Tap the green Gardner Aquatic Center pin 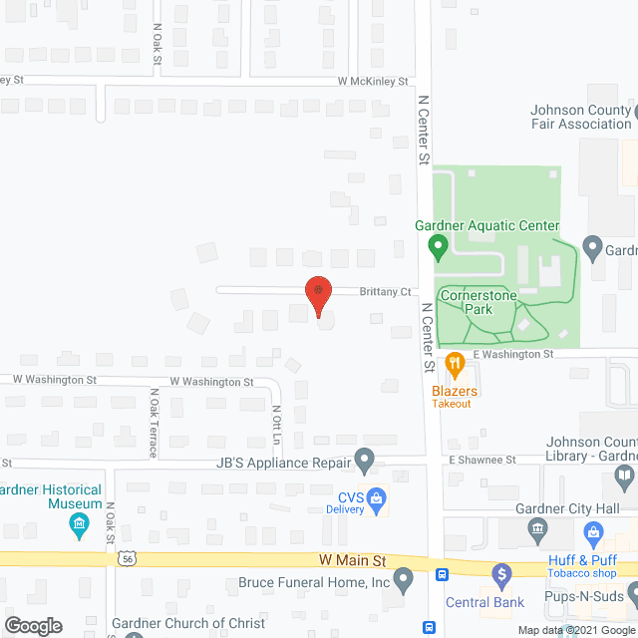point(437,244)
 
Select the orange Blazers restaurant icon point(455,363)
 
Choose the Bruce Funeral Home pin point(404,578)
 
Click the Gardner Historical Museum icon point(78,523)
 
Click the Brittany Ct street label point(386,291)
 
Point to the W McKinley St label point(373,81)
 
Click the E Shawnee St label point(481,460)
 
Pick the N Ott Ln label point(276,424)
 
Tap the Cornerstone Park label point(466,302)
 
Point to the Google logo point(32,625)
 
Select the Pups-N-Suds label point(584,597)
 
